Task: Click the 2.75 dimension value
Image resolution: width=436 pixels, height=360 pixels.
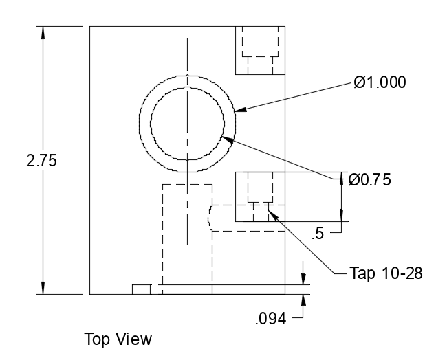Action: click(41, 161)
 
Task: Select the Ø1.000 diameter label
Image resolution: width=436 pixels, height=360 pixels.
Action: click(380, 82)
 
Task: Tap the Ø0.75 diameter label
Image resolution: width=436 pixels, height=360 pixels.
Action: click(369, 180)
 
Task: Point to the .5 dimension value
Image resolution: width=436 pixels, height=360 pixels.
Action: click(317, 234)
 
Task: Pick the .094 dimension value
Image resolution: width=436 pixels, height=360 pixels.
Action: click(270, 318)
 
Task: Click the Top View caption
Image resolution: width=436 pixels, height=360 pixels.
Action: click(118, 339)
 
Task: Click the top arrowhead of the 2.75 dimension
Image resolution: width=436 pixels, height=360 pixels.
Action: click(43, 32)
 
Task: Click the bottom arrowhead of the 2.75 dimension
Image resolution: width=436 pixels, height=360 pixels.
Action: click(43, 289)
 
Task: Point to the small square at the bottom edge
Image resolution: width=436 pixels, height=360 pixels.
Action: click(141, 289)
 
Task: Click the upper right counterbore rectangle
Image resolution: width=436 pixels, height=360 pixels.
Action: click(260, 50)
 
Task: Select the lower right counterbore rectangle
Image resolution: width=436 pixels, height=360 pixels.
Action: click(260, 196)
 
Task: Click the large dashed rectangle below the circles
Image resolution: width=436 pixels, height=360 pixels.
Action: click(187, 237)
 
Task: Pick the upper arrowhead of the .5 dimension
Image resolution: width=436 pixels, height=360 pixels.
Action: click(342, 177)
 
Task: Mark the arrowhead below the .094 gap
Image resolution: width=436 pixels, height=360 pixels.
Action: click(303, 299)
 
